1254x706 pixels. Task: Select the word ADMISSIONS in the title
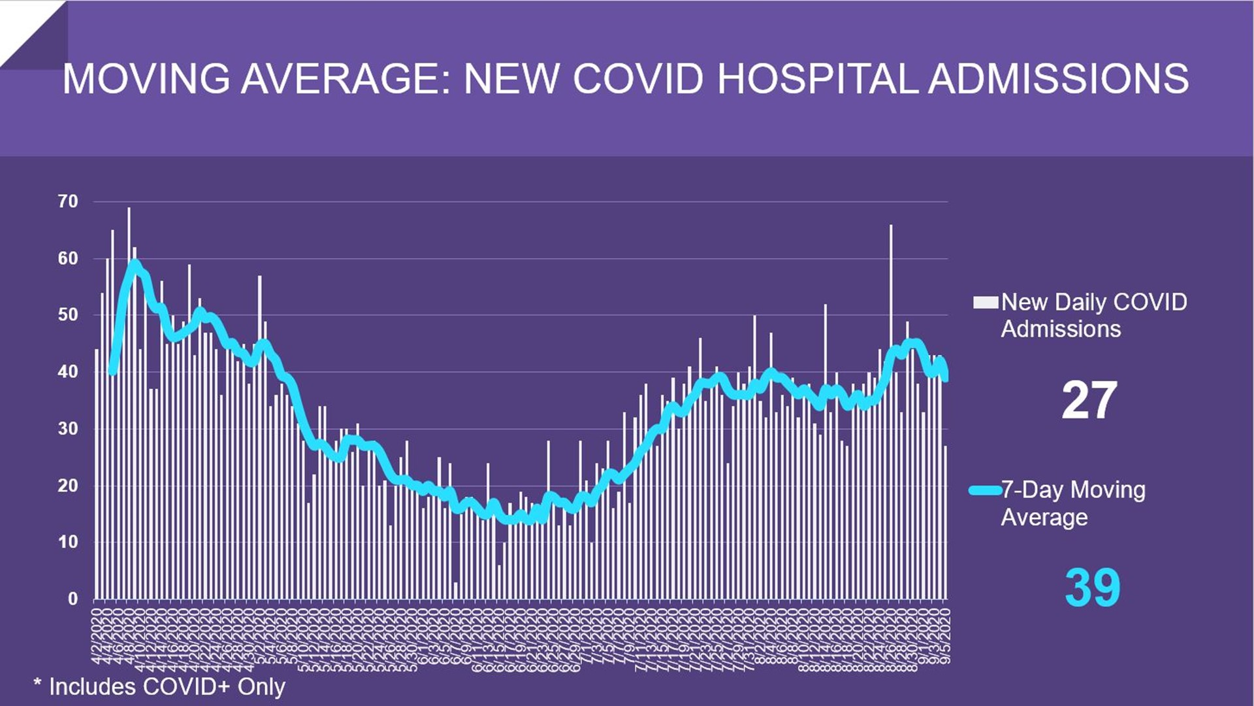(1058, 79)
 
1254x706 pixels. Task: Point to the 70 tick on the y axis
(68, 201)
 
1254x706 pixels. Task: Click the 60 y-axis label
(68, 258)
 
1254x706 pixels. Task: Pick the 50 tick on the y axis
(68, 315)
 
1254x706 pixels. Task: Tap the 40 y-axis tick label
(68, 372)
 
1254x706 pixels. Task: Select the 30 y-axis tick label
(68, 429)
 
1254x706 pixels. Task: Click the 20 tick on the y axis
(68, 486)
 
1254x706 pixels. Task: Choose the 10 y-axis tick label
(68, 542)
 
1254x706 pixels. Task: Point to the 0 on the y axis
(72, 599)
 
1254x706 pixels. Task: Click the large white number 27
(1089, 400)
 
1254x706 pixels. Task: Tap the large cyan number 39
(1092, 588)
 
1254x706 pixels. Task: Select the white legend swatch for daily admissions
(985, 302)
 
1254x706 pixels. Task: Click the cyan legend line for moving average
(985, 490)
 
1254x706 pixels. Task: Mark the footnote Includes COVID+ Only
(160, 686)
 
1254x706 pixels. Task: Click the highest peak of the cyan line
(135, 263)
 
